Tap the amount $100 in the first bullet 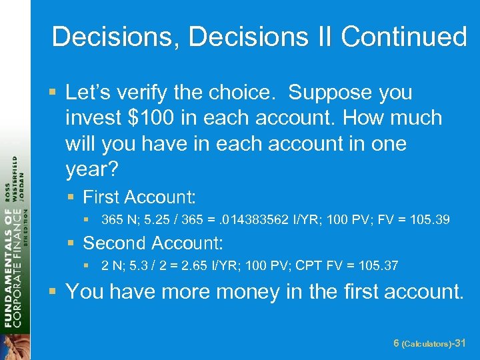(154, 118)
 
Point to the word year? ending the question (92, 169)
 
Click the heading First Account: (139, 197)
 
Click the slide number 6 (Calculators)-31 (430, 343)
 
